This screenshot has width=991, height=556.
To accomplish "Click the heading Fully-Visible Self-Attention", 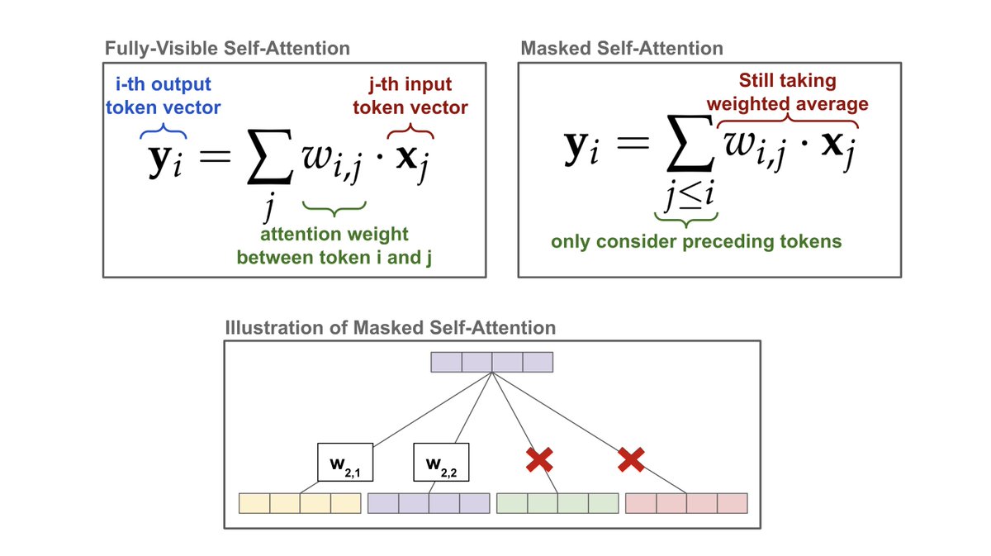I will [x=226, y=48].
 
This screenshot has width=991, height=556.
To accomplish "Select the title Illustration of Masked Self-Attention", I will [x=390, y=328].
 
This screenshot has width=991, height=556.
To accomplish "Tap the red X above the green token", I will [x=539, y=461].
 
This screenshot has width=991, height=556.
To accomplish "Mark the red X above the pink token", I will [x=631, y=461].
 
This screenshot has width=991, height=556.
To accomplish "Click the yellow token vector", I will [x=300, y=503].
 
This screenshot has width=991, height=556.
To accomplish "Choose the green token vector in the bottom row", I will [x=557, y=503].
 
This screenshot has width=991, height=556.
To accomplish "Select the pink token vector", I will [x=686, y=503].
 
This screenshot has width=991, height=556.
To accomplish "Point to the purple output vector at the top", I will [x=491, y=362].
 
